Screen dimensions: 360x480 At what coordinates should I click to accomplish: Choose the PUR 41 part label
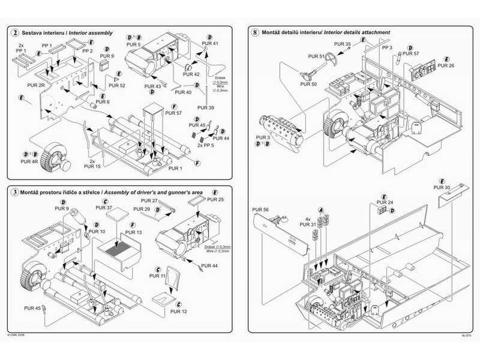point(210,44)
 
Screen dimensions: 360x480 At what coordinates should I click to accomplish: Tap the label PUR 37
point(104,208)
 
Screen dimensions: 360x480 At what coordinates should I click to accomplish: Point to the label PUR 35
point(343,45)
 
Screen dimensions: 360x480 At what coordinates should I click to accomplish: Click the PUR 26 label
point(446,65)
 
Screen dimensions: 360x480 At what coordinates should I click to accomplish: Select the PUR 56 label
point(262,210)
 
